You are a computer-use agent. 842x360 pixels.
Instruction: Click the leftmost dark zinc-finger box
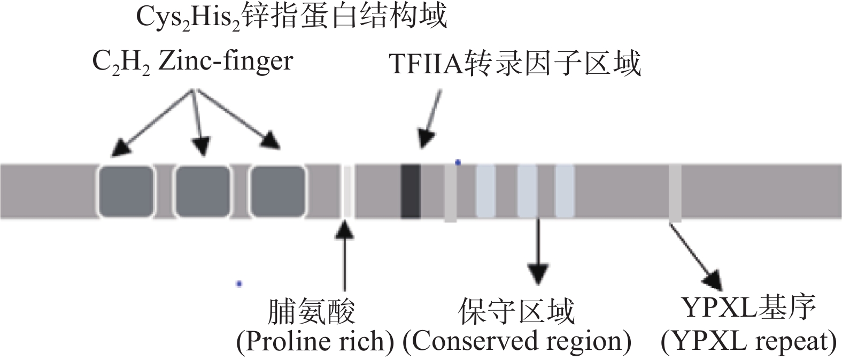coord(125,192)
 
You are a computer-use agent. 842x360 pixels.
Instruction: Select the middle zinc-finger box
coord(203,192)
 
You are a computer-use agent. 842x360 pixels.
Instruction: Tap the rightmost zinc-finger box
coord(277,192)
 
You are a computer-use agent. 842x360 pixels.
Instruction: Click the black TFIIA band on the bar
coord(411,192)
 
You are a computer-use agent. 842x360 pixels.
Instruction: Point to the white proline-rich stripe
coord(347,192)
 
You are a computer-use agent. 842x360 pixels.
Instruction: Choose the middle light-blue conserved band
coord(527,192)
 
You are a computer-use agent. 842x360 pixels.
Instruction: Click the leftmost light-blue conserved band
coord(485,192)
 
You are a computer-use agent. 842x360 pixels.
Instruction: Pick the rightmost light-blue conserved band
coord(565,192)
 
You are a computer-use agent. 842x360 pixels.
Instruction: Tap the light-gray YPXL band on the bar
coord(675,193)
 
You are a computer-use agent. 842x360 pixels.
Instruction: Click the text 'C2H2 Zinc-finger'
coord(193,62)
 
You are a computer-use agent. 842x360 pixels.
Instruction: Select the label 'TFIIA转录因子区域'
coord(515,64)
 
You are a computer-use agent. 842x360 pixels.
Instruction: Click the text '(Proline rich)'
coord(315,341)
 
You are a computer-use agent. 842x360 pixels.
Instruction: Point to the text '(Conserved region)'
coord(516,341)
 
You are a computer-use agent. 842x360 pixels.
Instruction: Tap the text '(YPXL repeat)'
coord(748,341)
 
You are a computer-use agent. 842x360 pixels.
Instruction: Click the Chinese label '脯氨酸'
coord(311,312)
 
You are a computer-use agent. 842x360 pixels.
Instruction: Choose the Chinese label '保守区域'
coord(516,312)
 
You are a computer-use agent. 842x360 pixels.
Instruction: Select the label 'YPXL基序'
coord(748,308)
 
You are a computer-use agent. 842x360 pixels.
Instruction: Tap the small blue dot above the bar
coord(458,162)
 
